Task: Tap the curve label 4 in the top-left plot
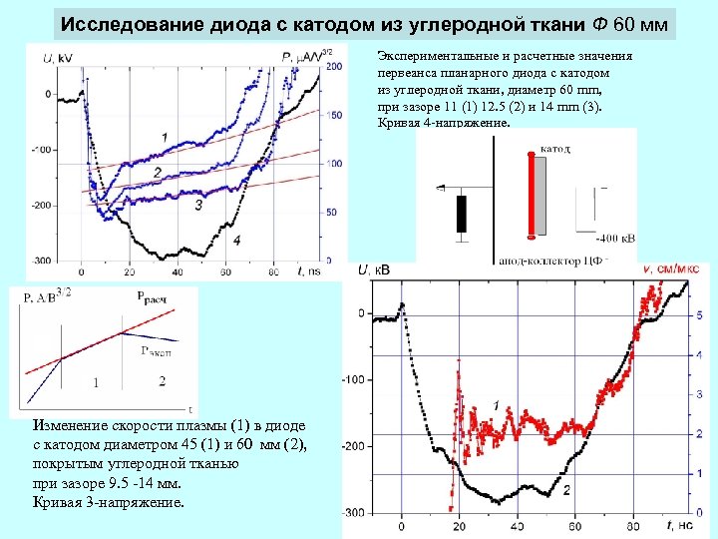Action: [x=236, y=241]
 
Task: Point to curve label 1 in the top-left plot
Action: [x=163, y=136]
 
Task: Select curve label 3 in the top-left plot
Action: [x=198, y=205]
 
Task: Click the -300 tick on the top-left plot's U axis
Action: [x=39, y=261]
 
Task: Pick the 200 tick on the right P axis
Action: [x=336, y=68]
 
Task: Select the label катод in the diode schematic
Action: [x=555, y=148]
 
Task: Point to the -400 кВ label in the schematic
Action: [x=613, y=239]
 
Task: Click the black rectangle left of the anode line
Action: [x=461, y=213]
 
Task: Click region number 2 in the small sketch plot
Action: [x=162, y=381]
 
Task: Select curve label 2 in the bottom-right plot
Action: [x=566, y=490]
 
